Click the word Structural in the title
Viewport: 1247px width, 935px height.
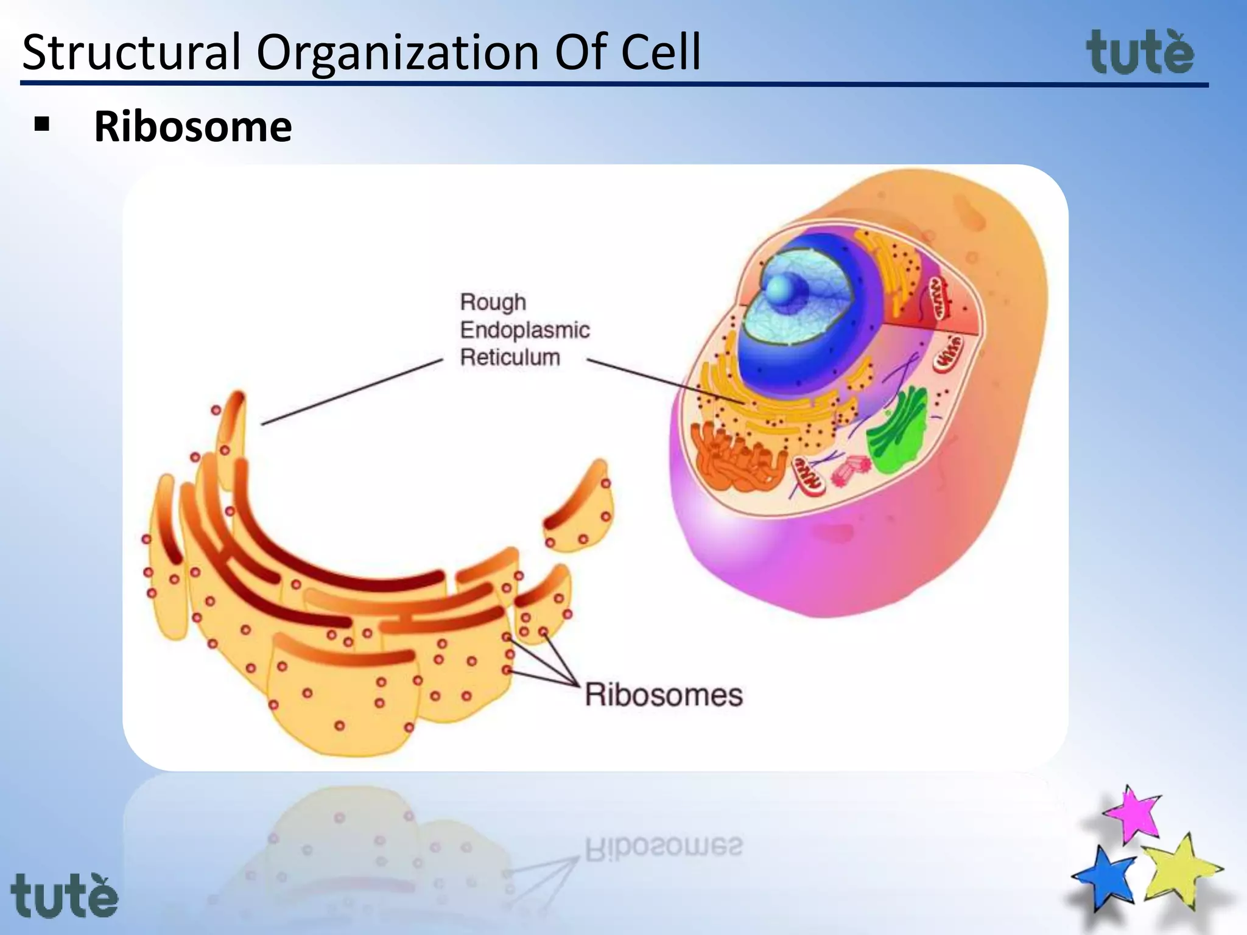pyautogui.click(x=132, y=52)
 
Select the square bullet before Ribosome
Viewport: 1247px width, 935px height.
pyautogui.click(x=42, y=125)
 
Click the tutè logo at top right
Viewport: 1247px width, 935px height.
pyautogui.click(x=1140, y=54)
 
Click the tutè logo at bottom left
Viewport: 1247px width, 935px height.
pyautogui.click(x=64, y=895)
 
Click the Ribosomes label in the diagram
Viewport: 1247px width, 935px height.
pyautogui.click(x=664, y=695)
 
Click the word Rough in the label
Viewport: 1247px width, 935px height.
pyautogui.click(x=493, y=302)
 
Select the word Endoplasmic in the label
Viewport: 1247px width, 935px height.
pyautogui.click(x=524, y=330)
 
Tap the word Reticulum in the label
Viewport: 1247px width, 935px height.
pyautogui.click(x=510, y=357)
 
